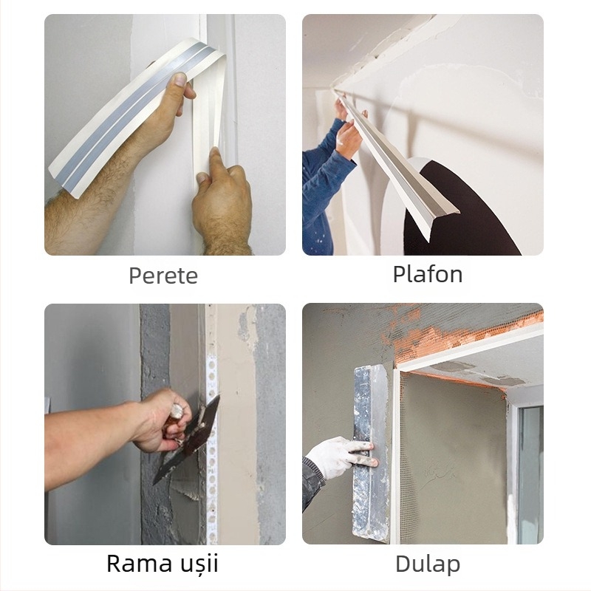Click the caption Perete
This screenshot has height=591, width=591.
[163, 276]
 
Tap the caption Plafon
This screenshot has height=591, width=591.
[428, 274]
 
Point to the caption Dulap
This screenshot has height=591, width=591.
[428, 564]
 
